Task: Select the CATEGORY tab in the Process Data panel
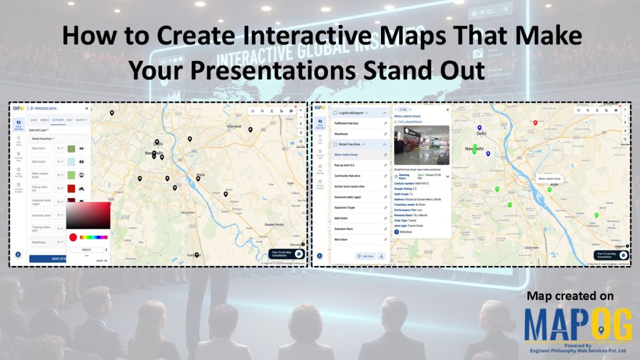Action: (58, 120)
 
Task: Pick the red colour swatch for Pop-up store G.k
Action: (71, 189)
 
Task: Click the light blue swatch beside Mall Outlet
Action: (71, 162)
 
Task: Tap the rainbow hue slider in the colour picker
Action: (94, 237)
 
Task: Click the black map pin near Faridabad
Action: (197, 254)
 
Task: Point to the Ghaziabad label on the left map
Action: (233, 125)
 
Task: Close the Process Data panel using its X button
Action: (87, 109)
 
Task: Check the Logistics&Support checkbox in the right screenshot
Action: (335, 113)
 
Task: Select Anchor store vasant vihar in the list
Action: (353, 186)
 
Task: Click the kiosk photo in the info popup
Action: (421, 145)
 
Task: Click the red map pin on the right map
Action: (535, 123)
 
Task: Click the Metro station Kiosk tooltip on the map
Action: (549, 179)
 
